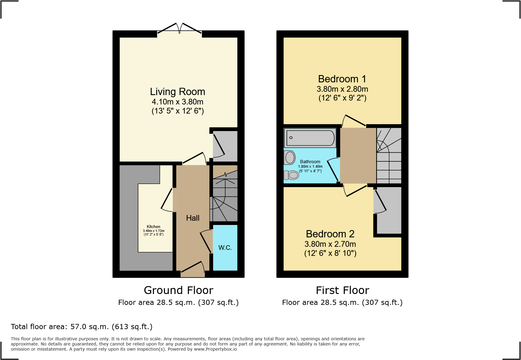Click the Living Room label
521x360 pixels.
pos(178,91)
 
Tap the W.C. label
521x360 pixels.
pos(225,248)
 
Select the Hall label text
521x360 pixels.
pos(193,218)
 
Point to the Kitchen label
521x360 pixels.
pos(153,226)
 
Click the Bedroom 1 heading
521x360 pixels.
pos(342,79)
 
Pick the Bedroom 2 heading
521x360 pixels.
pos(330,234)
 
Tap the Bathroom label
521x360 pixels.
pos(310,162)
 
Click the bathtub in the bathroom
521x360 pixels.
pos(310,138)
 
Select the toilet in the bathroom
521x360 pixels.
pos(291,175)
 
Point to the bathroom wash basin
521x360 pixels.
pos(290,157)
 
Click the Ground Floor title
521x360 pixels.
pos(179,290)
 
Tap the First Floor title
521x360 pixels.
pos(342,290)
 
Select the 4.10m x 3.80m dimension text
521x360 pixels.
pos(178,102)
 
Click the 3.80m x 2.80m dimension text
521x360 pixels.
pos(342,89)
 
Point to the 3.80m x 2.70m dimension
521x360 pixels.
pos(330,244)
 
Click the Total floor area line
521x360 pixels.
pos(82,327)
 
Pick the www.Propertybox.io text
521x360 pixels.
pos(215,349)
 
